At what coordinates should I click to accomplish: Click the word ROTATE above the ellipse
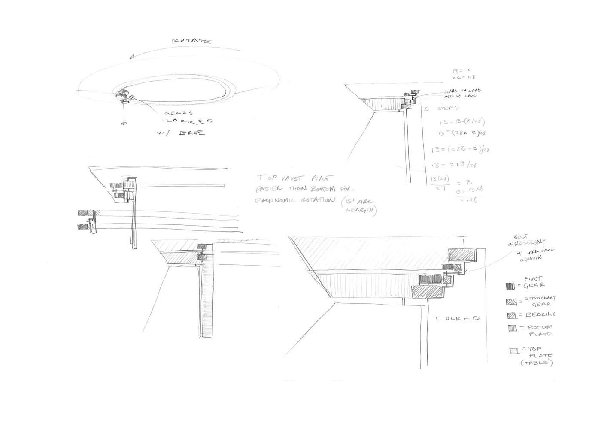[191, 42]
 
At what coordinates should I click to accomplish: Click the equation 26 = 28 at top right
[464, 77]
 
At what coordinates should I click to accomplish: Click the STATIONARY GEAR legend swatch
[511, 302]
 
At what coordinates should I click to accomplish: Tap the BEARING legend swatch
[511, 316]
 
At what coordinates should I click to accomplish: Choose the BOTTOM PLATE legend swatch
[512, 329]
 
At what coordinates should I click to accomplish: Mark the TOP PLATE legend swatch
[513, 350]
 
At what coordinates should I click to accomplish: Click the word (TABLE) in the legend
[537, 363]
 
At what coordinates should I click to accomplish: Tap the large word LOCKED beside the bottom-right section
[457, 319]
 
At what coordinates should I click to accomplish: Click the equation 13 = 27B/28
[455, 165]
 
